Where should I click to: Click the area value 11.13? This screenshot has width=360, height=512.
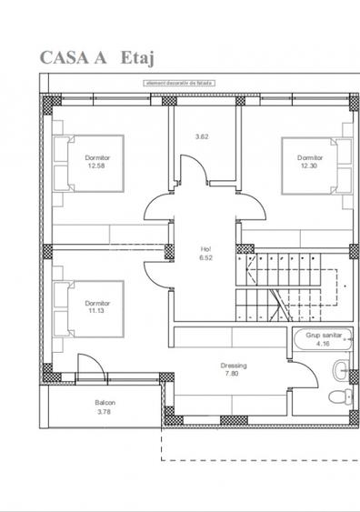pos(97,309)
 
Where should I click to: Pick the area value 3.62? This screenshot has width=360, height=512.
pos(202,136)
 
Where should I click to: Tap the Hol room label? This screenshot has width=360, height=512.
pos(205,248)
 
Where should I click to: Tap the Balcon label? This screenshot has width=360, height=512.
pos(105,403)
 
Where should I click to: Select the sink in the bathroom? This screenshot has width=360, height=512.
pos(339,368)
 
